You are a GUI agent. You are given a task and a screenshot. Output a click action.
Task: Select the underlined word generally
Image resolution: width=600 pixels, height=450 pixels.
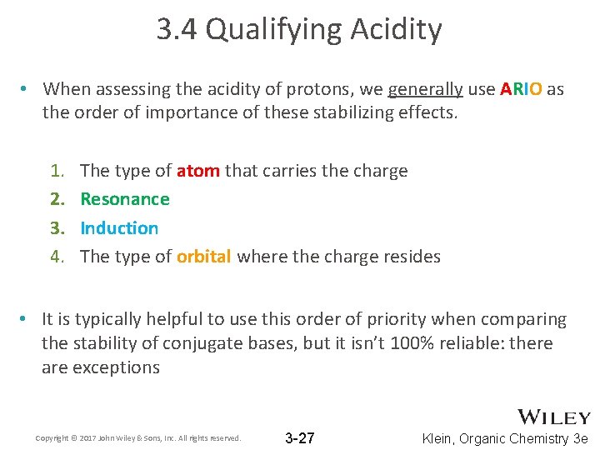click(425, 89)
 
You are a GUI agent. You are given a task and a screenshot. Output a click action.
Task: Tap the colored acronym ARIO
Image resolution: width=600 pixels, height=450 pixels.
click(521, 89)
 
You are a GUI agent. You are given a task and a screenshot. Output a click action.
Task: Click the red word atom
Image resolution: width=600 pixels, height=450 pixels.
click(198, 171)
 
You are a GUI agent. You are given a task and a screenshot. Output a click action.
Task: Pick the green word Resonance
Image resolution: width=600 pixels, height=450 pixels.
click(125, 199)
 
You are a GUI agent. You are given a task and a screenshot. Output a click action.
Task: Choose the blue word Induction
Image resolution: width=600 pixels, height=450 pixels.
click(119, 227)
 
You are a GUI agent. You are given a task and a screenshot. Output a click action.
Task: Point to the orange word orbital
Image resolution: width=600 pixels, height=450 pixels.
click(203, 257)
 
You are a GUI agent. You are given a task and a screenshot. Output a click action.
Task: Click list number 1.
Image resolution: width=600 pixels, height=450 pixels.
click(57, 171)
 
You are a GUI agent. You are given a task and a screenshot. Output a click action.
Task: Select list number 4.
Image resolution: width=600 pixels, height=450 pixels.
click(57, 257)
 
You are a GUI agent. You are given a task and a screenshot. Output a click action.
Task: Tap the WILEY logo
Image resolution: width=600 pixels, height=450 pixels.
click(554, 417)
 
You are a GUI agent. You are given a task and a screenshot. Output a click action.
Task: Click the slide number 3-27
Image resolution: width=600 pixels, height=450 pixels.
click(300, 438)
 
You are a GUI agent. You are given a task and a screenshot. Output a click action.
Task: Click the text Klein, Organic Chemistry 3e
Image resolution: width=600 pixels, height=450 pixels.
click(506, 438)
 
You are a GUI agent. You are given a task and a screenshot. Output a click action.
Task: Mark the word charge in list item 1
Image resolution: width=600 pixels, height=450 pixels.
click(379, 171)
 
